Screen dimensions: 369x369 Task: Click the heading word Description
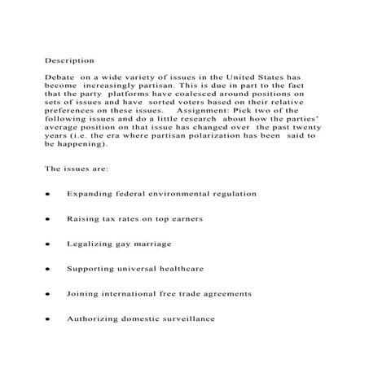[68, 59]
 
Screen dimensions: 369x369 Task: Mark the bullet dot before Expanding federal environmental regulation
[48, 195]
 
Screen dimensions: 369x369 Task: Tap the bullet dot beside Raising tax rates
[48, 220]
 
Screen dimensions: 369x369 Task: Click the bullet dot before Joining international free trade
[48, 294]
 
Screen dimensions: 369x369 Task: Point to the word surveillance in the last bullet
[183, 318]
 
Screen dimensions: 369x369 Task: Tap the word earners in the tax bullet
[183, 219]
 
